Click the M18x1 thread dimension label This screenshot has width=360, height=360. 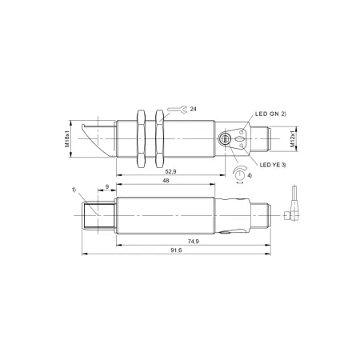click(67, 139)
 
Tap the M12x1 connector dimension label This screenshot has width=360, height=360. click(293, 139)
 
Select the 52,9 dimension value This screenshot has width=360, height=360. click(170, 171)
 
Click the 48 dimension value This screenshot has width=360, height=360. click(166, 181)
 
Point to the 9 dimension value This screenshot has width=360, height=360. click(107, 186)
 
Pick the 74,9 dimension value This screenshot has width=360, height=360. click(194, 242)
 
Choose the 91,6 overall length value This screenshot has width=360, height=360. click(176, 250)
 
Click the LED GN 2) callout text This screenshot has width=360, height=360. click(270, 114)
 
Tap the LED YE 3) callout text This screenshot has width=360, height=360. click(273, 165)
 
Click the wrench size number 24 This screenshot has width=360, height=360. click(194, 109)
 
